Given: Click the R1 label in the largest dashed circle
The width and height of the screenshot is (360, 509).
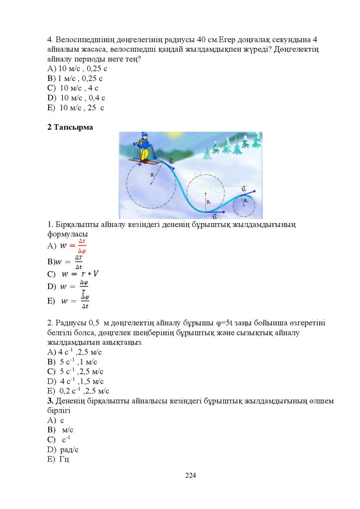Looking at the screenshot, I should point(153,175).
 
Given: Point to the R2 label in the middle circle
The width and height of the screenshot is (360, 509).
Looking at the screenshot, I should point(209,202).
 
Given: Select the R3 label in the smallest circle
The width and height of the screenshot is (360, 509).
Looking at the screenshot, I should point(245,200).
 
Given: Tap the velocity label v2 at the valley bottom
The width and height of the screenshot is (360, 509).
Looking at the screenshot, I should point(214,217).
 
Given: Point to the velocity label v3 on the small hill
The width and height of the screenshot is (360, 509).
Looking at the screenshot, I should point(244,189).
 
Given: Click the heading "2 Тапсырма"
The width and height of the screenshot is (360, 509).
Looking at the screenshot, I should point(70,127).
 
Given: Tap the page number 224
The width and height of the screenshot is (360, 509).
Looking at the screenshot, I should point(190,476).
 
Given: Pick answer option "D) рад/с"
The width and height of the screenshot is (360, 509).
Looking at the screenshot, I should point(63,449).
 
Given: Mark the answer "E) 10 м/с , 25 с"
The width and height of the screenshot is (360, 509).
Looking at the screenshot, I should point(76,107).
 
